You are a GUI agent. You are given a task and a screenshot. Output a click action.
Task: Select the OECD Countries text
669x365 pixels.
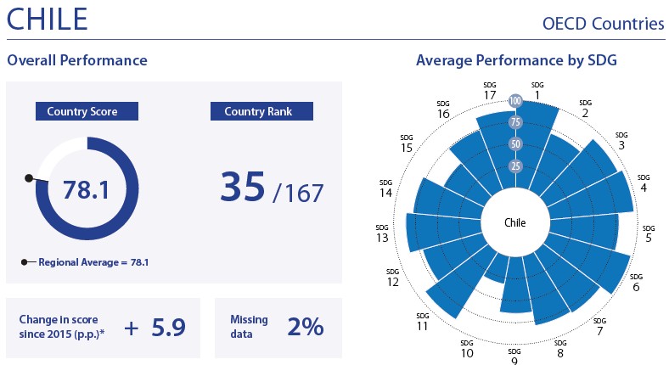(x=603, y=24)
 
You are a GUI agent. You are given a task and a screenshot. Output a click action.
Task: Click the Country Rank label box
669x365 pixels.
(x=261, y=111)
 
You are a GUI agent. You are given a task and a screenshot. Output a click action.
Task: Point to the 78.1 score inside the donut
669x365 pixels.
(x=86, y=189)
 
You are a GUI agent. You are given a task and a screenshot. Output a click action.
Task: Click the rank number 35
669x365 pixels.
(x=242, y=188)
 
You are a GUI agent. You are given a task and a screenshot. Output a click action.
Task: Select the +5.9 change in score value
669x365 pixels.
(x=155, y=326)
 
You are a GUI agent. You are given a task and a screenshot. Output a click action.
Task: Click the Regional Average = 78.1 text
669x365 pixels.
(x=93, y=262)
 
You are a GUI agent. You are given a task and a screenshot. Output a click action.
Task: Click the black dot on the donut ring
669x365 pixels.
(x=29, y=178)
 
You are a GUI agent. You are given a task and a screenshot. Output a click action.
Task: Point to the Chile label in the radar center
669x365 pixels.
(x=515, y=224)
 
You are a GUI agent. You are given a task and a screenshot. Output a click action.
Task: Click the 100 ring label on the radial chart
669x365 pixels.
(x=515, y=101)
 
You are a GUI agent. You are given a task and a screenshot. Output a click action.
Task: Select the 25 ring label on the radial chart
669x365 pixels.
(x=515, y=166)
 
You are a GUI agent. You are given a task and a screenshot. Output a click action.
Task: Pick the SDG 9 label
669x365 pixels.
(x=514, y=357)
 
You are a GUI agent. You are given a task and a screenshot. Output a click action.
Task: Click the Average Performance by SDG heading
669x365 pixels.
(x=516, y=60)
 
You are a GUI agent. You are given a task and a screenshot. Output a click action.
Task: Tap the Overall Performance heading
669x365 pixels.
(x=77, y=60)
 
